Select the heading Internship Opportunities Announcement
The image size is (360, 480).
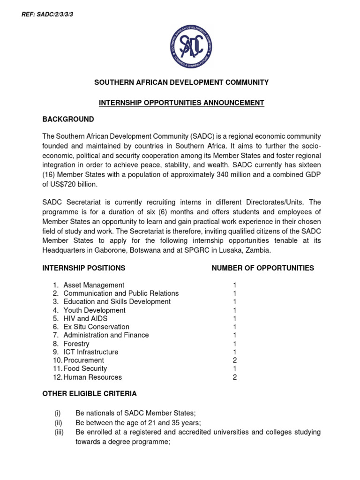tap(181, 102)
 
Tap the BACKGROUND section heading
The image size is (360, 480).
tap(68, 119)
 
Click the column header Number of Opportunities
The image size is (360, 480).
tap(262, 268)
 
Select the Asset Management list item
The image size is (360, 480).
tap(94, 285)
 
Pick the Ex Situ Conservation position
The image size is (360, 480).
tap(96, 327)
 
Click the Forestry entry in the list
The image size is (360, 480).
tap(76, 344)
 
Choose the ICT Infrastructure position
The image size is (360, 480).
tap(91, 352)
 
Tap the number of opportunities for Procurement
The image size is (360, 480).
tap(235, 360)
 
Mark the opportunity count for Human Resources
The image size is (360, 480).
tap(235, 377)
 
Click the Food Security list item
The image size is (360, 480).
tap(85, 369)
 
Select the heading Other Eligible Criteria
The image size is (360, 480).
tap(90, 394)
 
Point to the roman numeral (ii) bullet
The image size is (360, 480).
tap(58, 422)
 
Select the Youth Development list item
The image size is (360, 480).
tap(94, 310)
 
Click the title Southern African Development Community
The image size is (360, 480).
tap(181, 82)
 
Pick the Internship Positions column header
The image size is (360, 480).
tap(84, 268)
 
